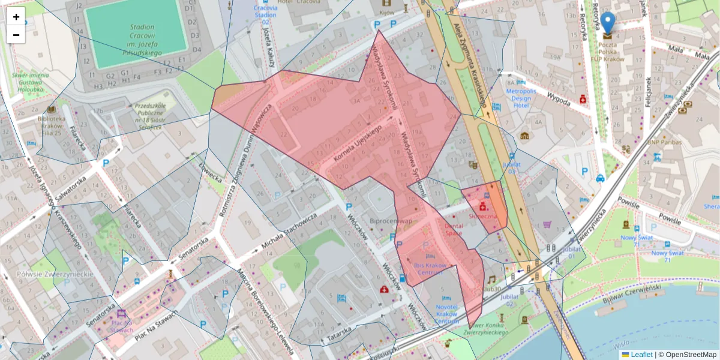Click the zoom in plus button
tap(16, 17)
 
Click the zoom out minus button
tap(16, 35)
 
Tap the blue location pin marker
tap(608, 23)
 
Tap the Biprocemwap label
tap(390, 221)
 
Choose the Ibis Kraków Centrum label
tap(430, 268)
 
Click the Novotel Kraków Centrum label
tap(446, 314)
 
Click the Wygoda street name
tap(559, 100)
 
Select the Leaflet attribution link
tap(640, 355)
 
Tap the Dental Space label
tap(454, 230)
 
